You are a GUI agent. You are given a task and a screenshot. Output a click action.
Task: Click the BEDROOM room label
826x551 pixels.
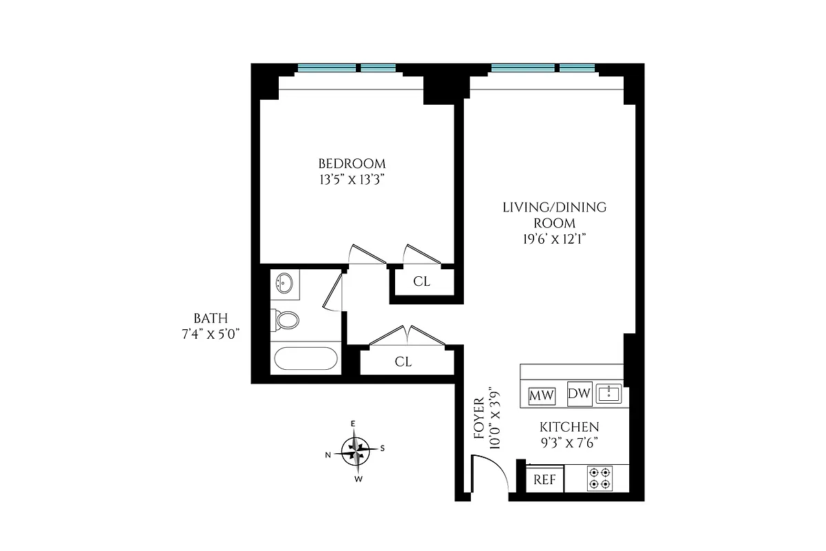click(x=352, y=164)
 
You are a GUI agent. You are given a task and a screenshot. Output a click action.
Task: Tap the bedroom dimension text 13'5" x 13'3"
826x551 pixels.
click(x=352, y=180)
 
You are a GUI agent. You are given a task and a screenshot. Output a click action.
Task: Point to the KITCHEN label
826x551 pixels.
click(x=568, y=427)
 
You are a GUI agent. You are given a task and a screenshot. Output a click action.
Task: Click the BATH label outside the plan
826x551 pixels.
click(x=210, y=318)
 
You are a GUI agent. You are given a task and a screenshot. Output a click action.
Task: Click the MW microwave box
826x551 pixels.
click(x=542, y=396)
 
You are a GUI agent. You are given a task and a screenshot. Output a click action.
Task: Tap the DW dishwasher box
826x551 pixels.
click(x=580, y=394)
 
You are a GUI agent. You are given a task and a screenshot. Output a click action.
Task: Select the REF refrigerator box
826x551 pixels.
click(x=545, y=479)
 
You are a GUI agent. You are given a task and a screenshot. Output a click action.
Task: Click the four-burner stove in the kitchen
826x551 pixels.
click(x=600, y=479)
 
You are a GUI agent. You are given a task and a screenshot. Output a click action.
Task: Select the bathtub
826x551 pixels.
click(x=305, y=358)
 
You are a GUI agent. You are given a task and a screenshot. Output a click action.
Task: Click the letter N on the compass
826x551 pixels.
click(x=328, y=455)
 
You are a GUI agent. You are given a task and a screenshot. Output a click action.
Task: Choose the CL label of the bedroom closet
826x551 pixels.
click(x=422, y=281)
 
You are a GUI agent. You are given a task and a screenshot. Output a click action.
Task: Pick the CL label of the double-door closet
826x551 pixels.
click(x=403, y=362)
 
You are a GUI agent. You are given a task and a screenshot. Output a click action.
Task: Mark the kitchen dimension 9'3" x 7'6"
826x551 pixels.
click(x=568, y=443)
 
